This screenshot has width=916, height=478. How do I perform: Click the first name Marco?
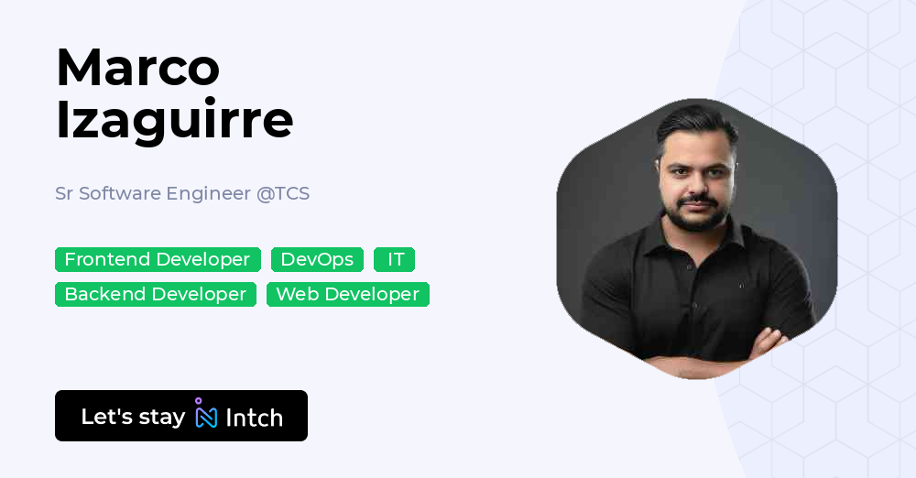(x=137, y=67)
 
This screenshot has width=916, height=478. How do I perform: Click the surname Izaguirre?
(x=174, y=119)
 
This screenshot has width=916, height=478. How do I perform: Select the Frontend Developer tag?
(x=158, y=260)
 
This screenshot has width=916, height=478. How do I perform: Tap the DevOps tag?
(x=317, y=260)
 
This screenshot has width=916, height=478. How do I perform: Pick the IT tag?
(x=395, y=260)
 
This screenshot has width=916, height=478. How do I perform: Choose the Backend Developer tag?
(x=156, y=295)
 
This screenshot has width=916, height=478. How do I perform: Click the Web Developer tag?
(x=347, y=295)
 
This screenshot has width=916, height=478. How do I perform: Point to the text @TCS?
(x=283, y=194)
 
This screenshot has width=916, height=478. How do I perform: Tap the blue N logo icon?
(x=206, y=418)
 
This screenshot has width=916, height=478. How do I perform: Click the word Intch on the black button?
(x=254, y=418)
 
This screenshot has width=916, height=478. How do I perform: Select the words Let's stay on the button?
(x=133, y=417)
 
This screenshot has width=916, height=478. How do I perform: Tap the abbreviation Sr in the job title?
(x=64, y=194)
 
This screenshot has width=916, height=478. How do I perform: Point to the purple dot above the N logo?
(x=198, y=400)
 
